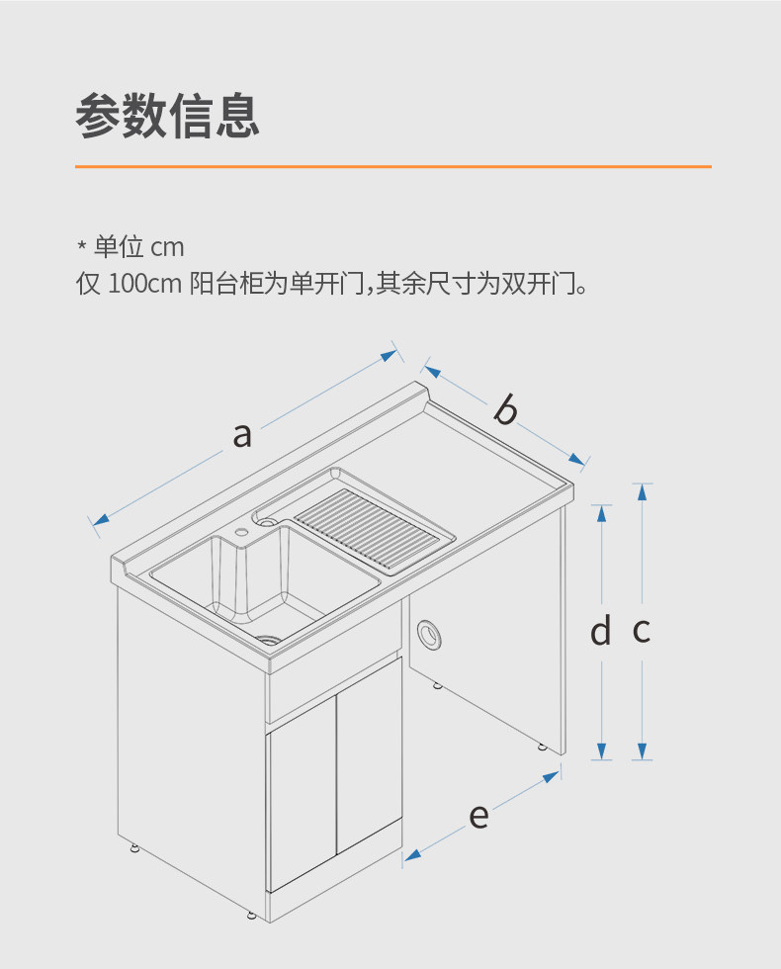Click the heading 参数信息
coord(167,117)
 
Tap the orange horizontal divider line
coord(392,166)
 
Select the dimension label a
coord(242,433)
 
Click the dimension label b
coord(505,408)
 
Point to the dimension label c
coord(642,630)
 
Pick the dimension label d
coord(600,631)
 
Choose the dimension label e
coord(478,817)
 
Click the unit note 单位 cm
coord(138,247)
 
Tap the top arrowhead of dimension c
coord(643,490)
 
